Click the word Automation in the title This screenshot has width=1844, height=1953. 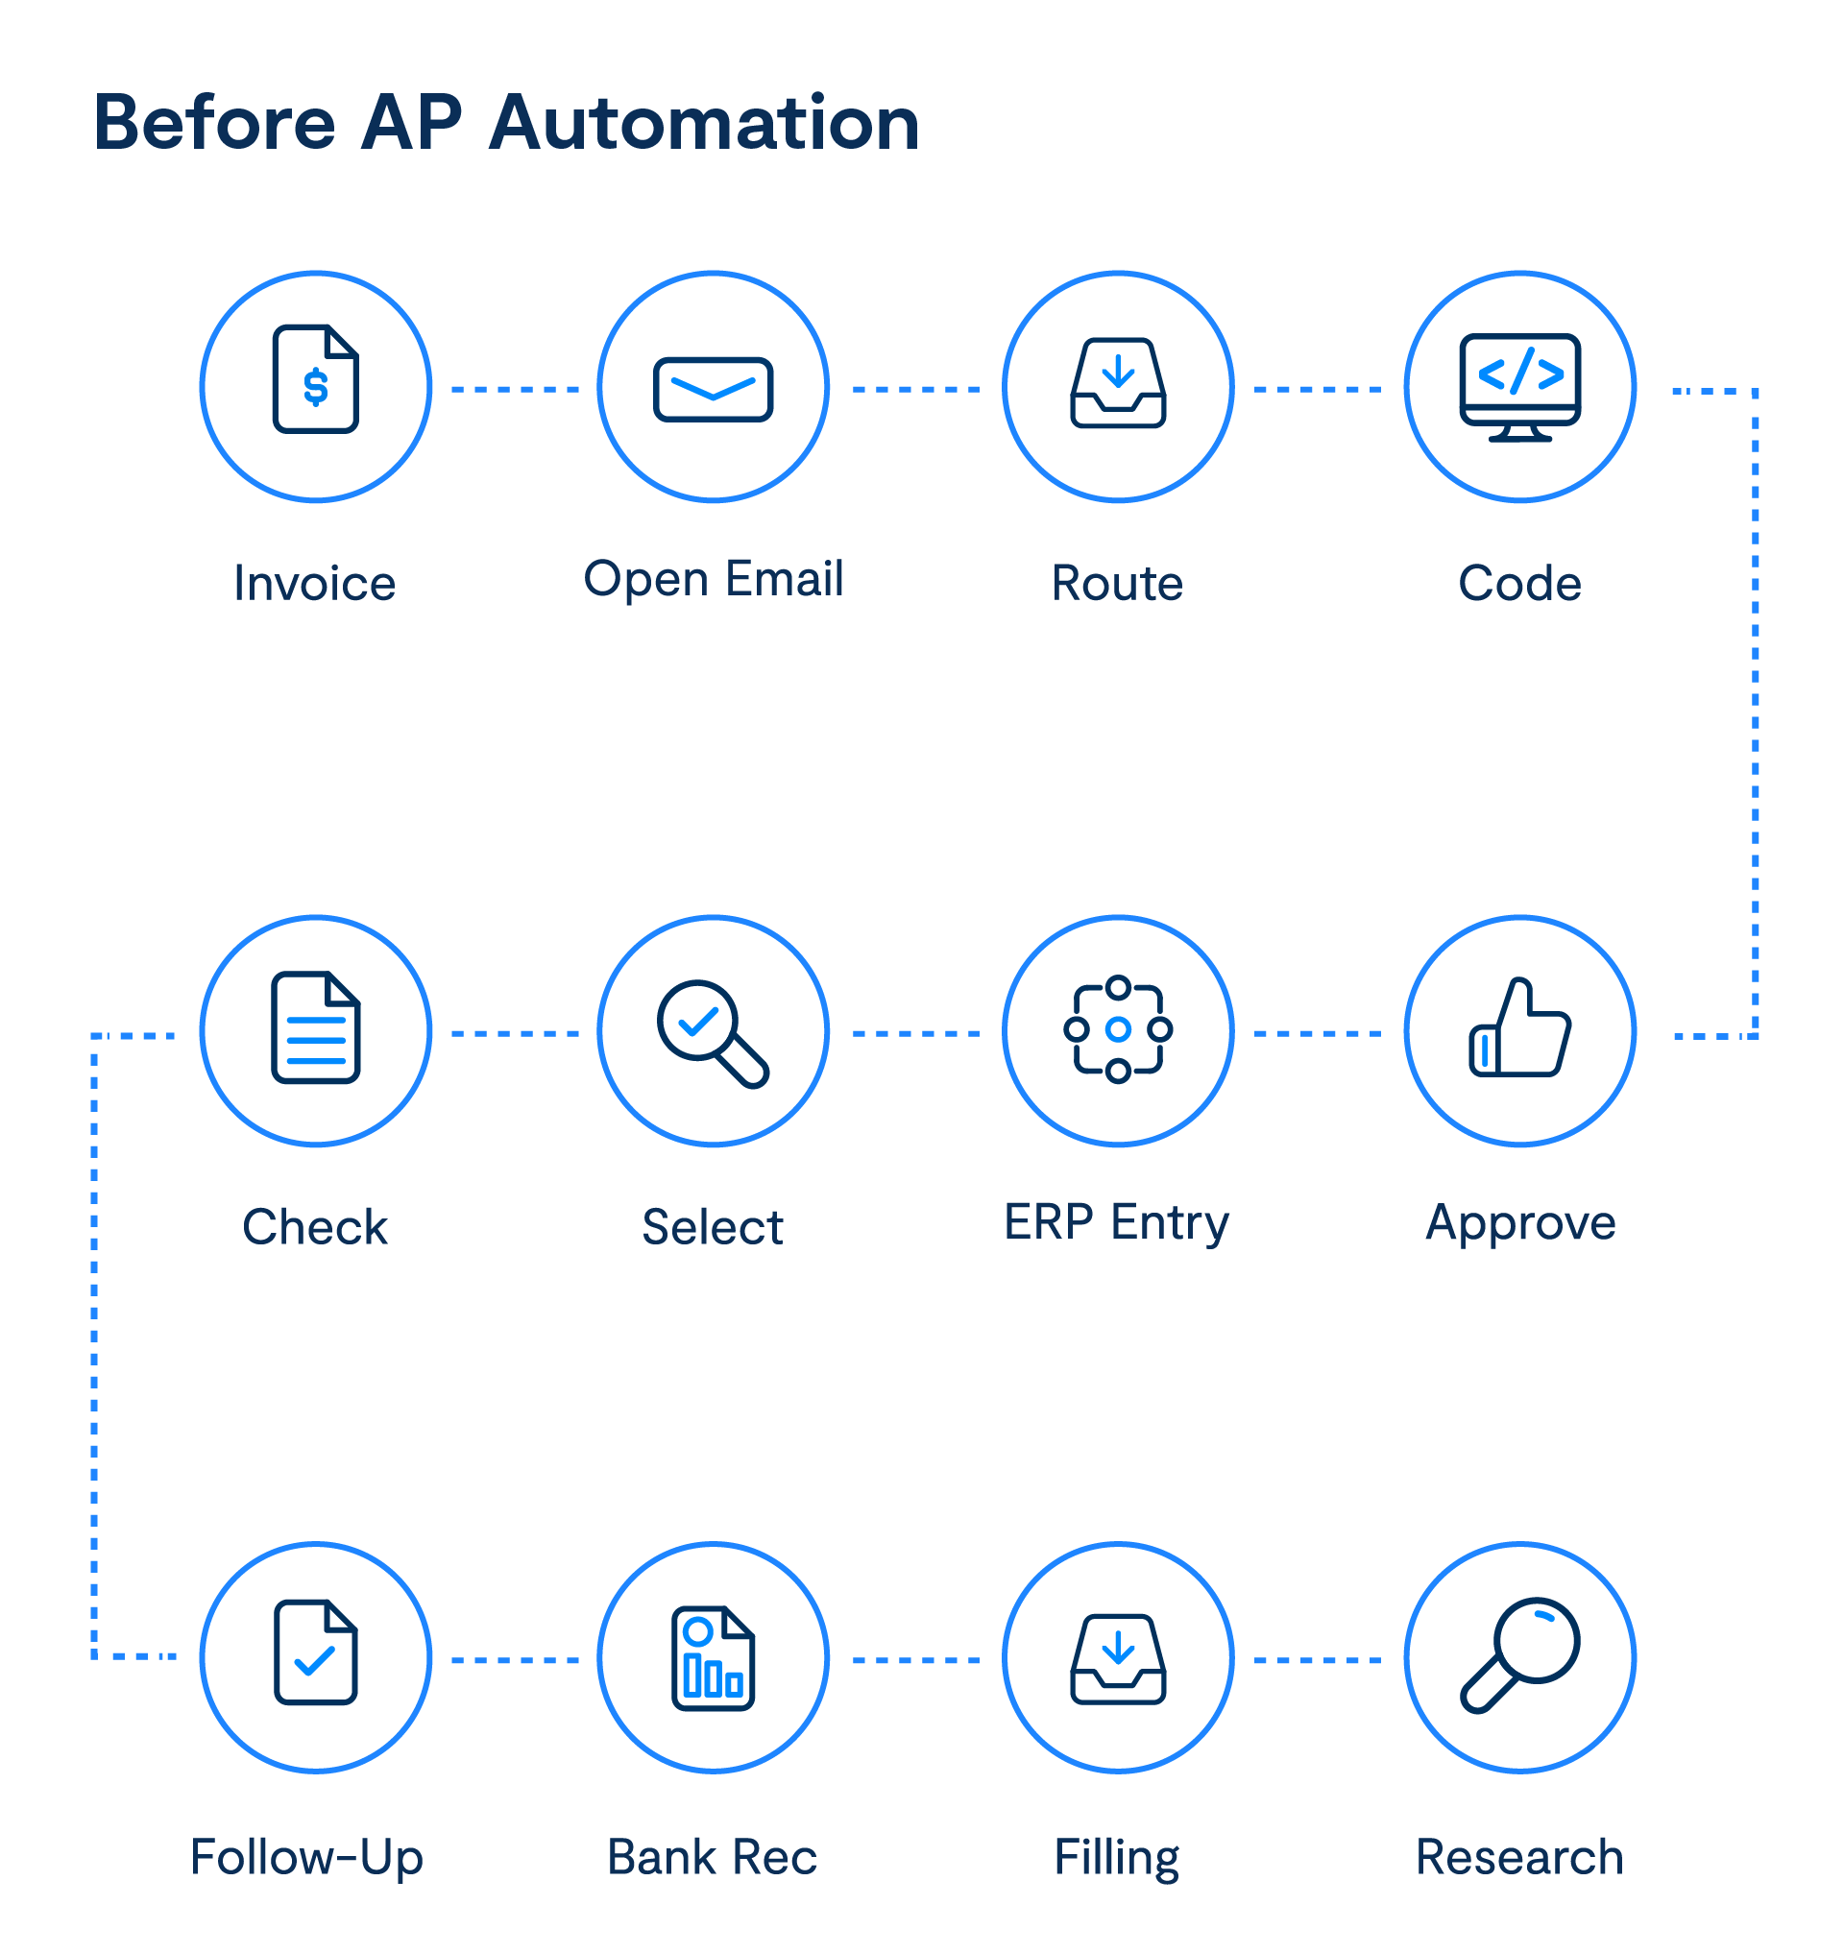(x=704, y=125)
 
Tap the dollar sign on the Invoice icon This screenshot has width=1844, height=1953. (x=316, y=387)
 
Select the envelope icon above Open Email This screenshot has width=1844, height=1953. (x=714, y=389)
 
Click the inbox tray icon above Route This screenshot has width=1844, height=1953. (x=1119, y=384)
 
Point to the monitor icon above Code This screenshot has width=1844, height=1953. (x=1520, y=386)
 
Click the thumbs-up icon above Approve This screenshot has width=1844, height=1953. (x=1519, y=1028)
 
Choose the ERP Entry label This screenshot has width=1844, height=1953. (x=1117, y=1223)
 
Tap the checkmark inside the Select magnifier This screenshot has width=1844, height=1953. (x=699, y=1024)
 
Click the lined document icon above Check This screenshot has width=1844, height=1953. (x=316, y=1028)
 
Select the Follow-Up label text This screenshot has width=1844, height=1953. (x=306, y=1858)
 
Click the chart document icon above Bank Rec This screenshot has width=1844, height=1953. (x=714, y=1659)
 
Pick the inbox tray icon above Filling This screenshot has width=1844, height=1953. (x=1119, y=1659)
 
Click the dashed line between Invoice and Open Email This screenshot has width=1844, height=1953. (x=515, y=390)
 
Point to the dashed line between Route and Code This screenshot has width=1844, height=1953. (x=1318, y=390)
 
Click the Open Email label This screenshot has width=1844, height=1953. (x=714, y=579)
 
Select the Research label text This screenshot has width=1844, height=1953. (x=1519, y=1858)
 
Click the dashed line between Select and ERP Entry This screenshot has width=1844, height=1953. (x=916, y=1034)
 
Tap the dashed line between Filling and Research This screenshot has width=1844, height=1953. (x=1318, y=1661)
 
